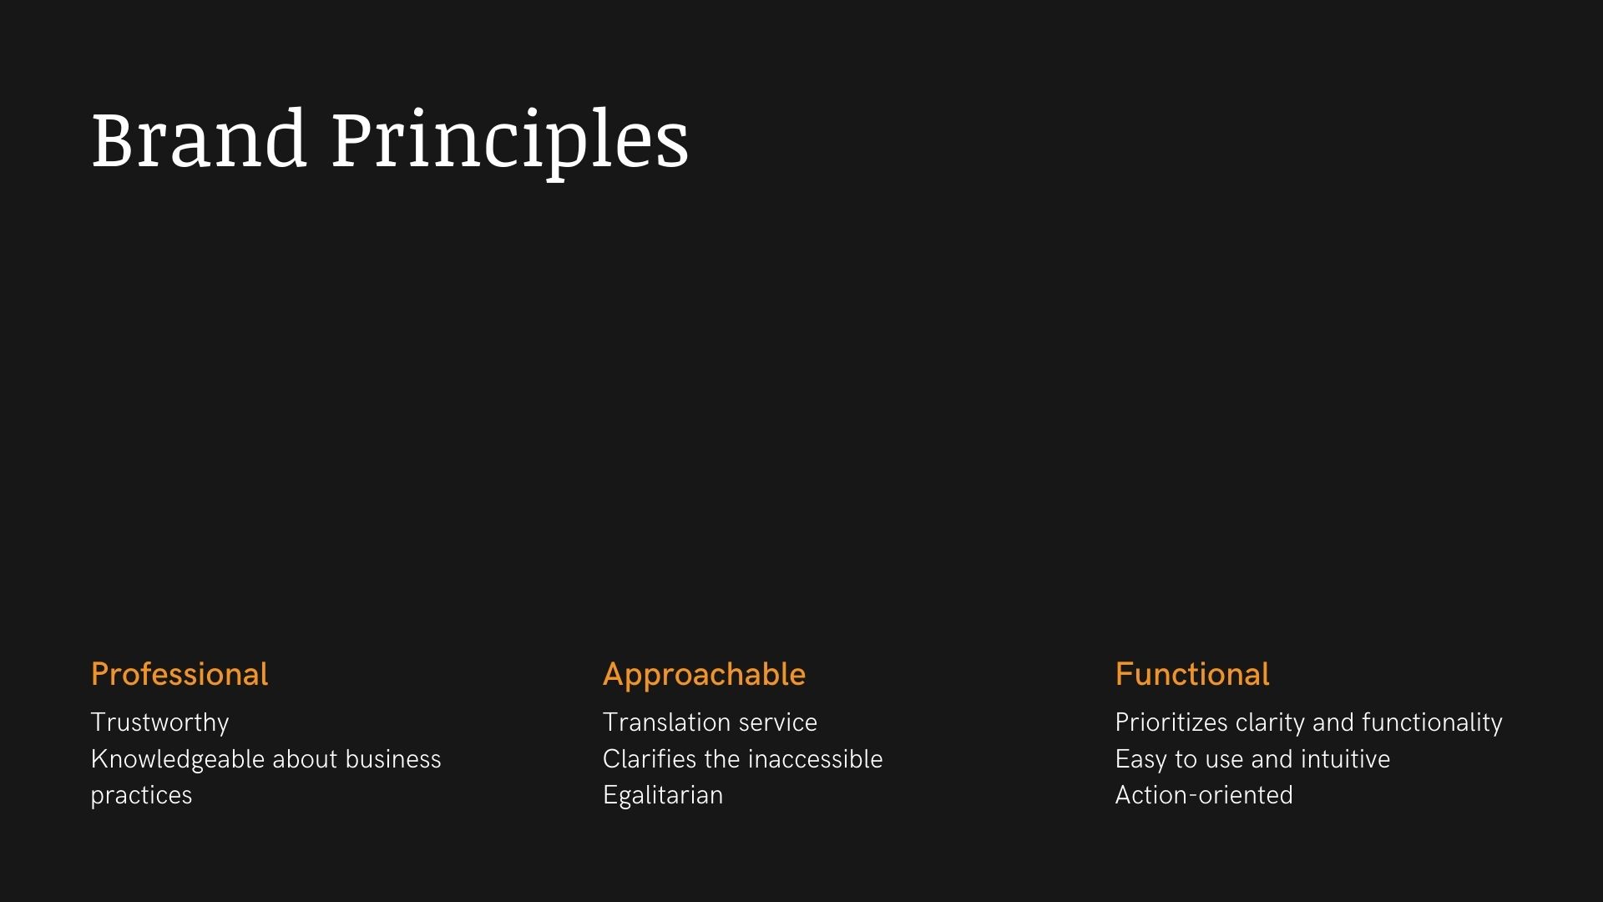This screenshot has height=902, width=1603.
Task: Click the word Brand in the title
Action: point(199,139)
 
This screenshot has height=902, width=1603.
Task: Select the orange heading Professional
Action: point(180,674)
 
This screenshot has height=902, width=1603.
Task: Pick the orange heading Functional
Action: point(1192,674)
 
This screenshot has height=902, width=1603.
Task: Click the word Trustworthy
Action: point(159,723)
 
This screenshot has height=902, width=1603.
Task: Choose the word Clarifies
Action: point(649,759)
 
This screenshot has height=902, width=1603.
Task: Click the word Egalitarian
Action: point(663,796)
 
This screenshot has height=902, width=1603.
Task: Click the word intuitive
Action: point(1346,759)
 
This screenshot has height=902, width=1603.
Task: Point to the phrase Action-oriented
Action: point(1204,795)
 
